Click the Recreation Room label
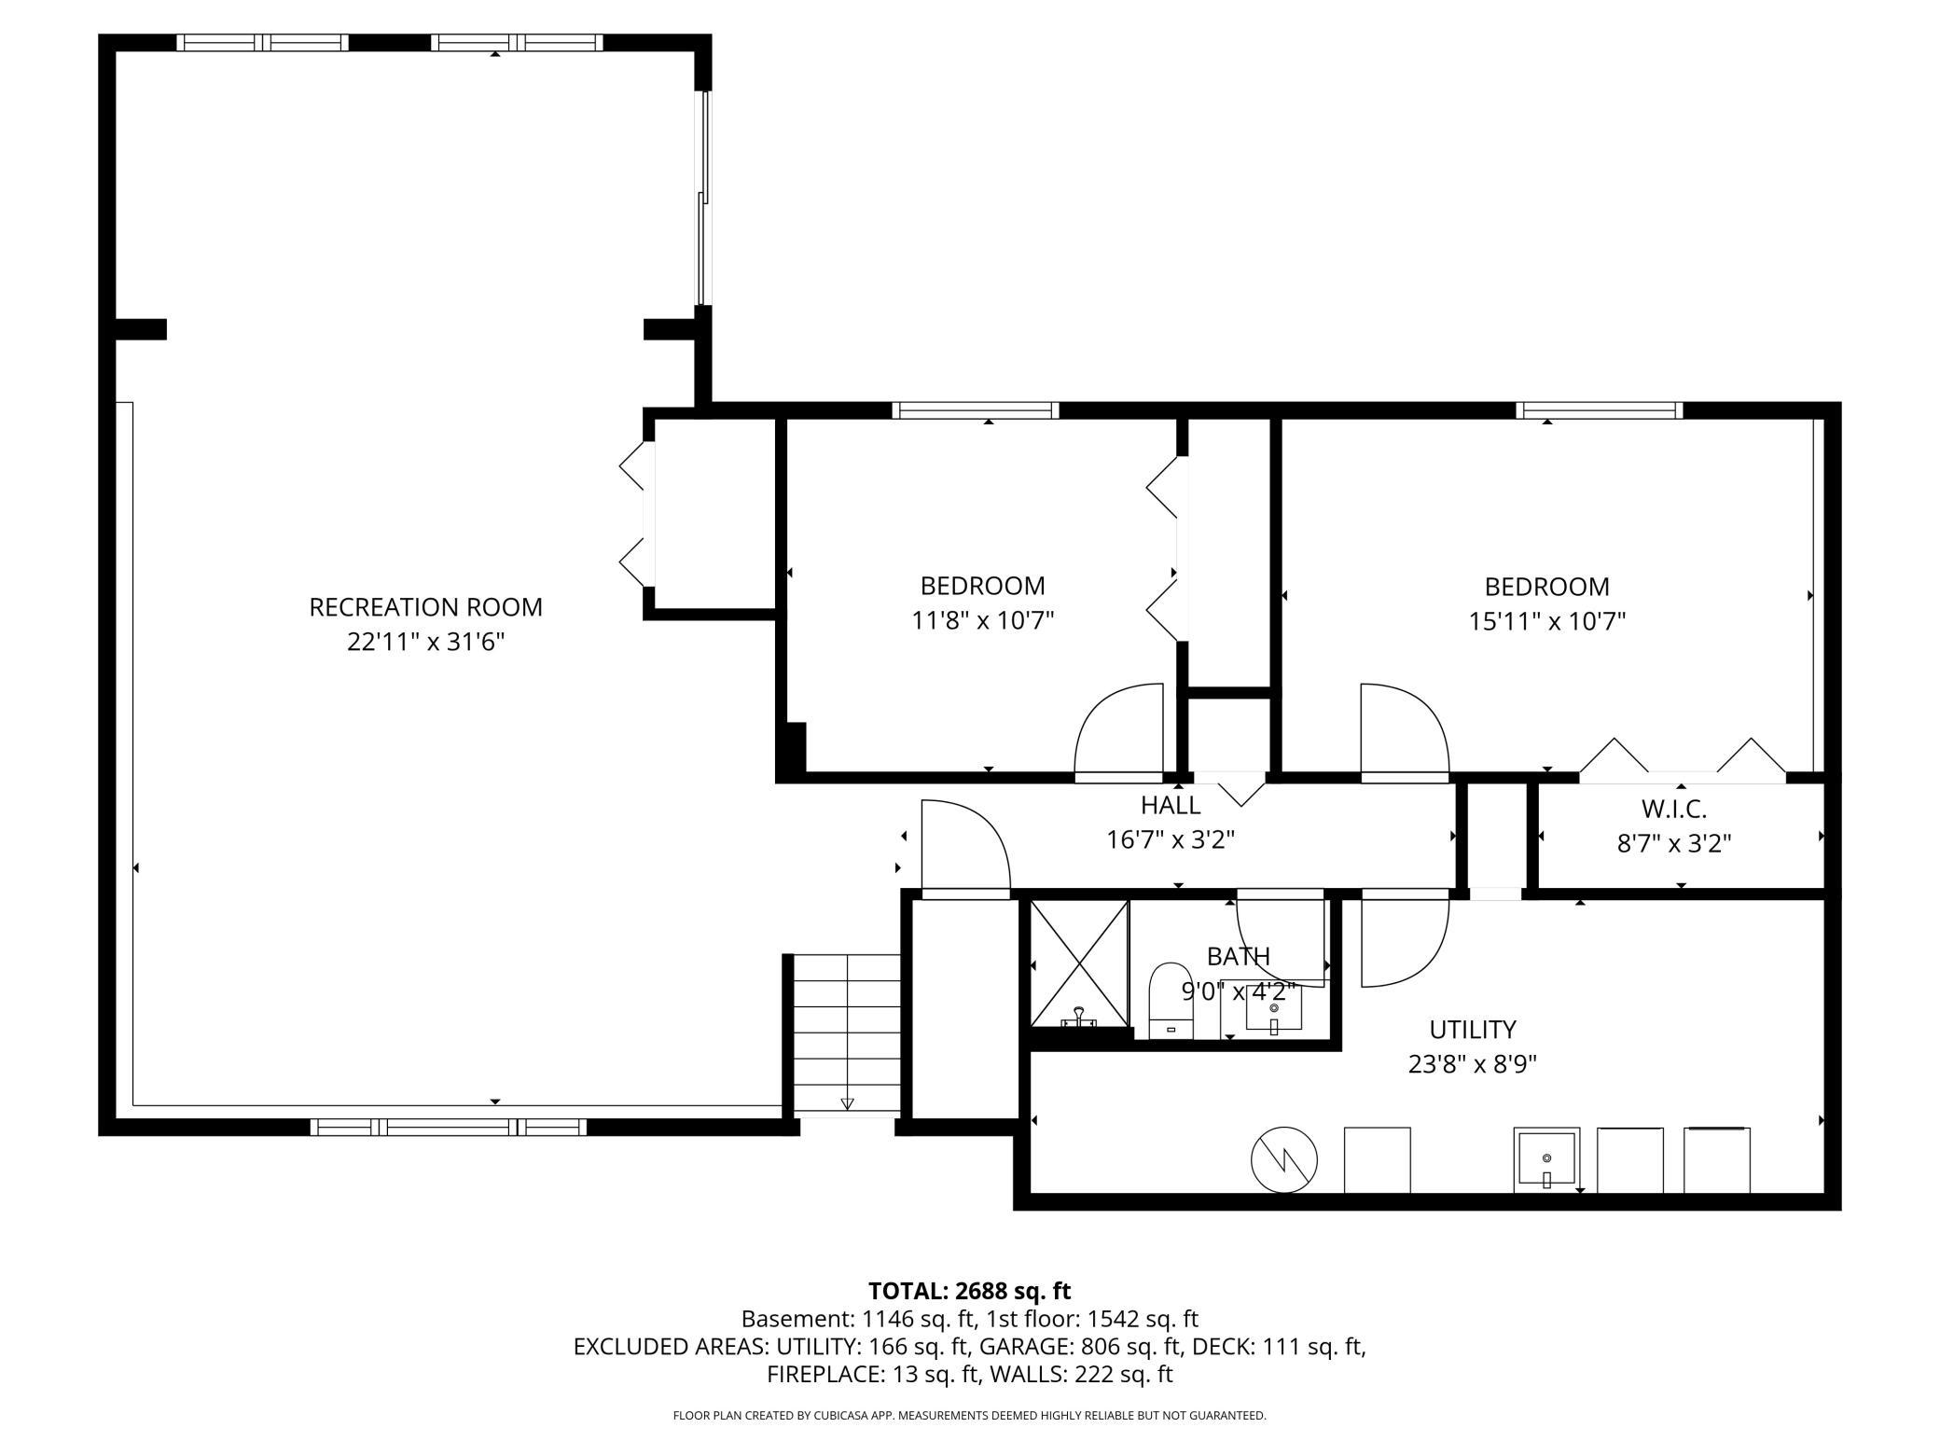click(x=425, y=607)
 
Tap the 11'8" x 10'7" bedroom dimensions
click(x=982, y=621)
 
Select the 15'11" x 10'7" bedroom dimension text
click(x=1546, y=621)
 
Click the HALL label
click(x=1170, y=805)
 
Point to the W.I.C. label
click(x=1673, y=809)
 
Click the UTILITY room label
click(x=1472, y=1030)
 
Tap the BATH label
click(x=1238, y=956)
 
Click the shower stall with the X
click(x=1079, y=963)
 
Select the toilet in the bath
click(x=1171, y=1002)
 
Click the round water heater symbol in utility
click(x=1283, y=1160)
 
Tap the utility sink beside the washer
click(x=1545, y=1159)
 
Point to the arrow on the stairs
click(x=847, y=1103)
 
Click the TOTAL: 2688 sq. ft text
click(x=969, y=1291)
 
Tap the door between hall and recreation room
click(x=964, y=847)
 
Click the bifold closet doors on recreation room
click(x=635, y=515)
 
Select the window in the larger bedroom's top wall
click(x=1599, y=410)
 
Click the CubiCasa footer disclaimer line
click(x=969, y=1416)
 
